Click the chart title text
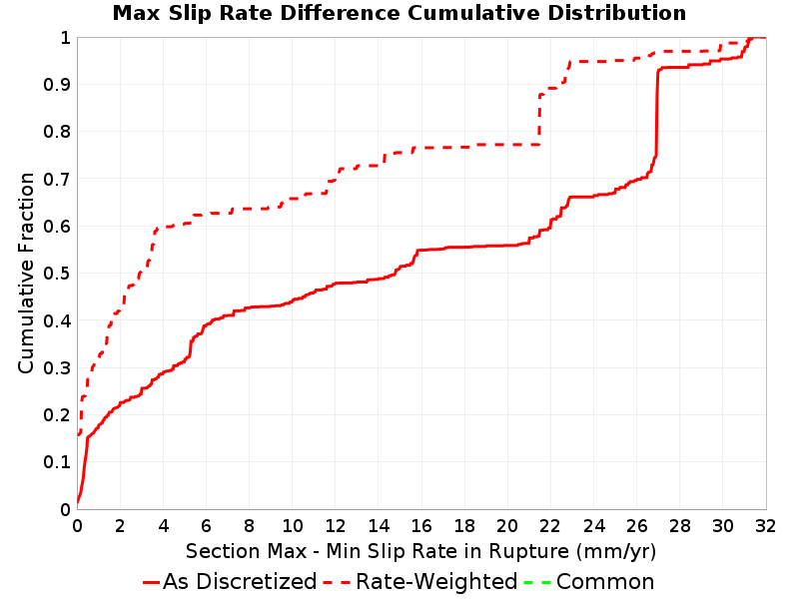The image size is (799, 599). [399, 13]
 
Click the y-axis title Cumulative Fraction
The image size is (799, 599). [26, 273]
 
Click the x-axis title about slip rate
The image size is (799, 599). [420, 552]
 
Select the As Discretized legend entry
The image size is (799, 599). [230, 582]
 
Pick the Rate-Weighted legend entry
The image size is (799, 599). [421, 582]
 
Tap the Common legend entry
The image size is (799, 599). [589, 582]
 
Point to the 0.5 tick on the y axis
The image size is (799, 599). [57, 274]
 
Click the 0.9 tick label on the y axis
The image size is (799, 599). [57, 85]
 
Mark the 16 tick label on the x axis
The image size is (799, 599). [421, 526]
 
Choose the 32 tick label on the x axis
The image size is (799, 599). [765, 526]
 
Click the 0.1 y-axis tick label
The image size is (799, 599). [57, 462]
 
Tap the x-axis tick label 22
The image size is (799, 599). [550, 526]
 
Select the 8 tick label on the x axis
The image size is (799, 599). [249, 526]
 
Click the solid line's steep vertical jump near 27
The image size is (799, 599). [657, 113]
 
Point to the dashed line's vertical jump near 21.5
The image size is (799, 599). [539, 120]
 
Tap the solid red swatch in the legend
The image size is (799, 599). [152, 582]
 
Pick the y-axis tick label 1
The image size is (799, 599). [65, 38]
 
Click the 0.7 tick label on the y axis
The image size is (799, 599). [57, 180]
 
